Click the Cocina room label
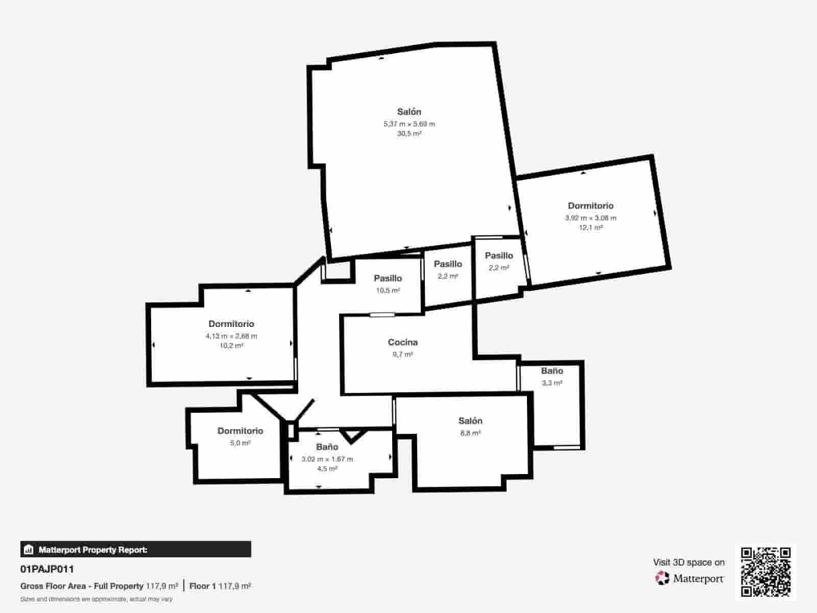pos(402,342)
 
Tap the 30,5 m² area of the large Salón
pos(409,134)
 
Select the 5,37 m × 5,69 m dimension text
pos(409,124)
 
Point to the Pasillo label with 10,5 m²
pos(388,278)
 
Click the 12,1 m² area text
pos(590,227)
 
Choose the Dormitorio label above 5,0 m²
pos(240,431)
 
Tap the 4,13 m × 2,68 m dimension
pos(231,336)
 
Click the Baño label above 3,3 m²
pos(552,371)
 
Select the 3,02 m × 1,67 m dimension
pos(327,459)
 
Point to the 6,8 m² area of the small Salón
pos(470,433)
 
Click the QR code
pos(765,572)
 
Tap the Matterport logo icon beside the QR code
pos(662,578)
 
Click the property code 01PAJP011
pos(47,569)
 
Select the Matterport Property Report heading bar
pos(135,550)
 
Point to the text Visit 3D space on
pos(688,562)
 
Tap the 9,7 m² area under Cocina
pos(402,355)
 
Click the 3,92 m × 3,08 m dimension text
pos(590,218)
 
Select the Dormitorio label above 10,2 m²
pos(231,324)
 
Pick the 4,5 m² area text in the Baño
pos(327,469)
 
